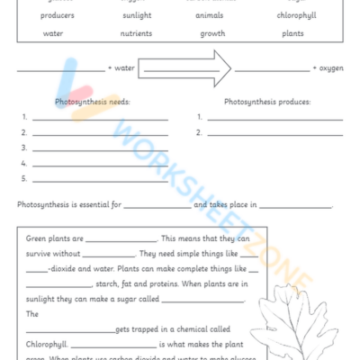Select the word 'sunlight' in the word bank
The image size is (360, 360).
[137, 15]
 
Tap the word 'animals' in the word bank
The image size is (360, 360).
[214, 15]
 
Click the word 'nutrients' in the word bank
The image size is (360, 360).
[137, 33]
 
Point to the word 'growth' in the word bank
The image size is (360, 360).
[214, 33]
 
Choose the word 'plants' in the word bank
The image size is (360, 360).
[292, 33]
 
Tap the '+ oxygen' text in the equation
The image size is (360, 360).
[327, 67]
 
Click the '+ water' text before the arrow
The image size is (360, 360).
[121, 67]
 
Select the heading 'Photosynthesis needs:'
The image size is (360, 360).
[93, 102]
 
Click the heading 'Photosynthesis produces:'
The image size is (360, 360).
[267, 102]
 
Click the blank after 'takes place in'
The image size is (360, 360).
[295, 207]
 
